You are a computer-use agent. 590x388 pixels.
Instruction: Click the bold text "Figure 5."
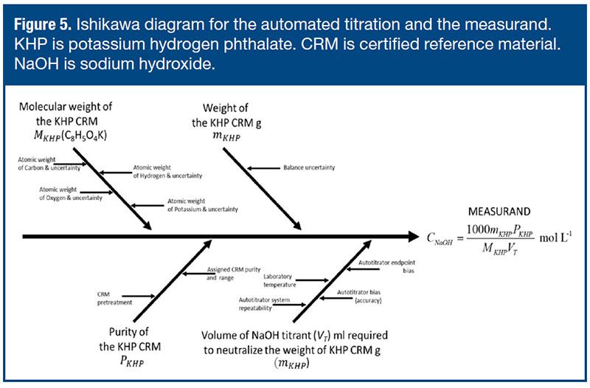[43, 25]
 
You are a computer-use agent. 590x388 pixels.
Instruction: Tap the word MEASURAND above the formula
[499, 212]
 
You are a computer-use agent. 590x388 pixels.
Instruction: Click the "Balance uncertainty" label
[309, 167]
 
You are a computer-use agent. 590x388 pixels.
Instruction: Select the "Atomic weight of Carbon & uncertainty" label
[49, 164]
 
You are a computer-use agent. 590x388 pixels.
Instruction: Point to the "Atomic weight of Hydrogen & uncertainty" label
[167, 172]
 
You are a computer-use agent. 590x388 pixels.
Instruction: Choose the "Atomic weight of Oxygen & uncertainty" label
[71, 194]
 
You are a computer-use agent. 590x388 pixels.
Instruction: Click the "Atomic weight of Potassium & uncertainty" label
[202, 205]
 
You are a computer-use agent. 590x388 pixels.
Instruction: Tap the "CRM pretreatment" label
[114, 299]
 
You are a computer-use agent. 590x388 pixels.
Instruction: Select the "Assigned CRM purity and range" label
[233, 274]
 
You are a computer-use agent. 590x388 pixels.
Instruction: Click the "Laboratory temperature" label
[280, 281]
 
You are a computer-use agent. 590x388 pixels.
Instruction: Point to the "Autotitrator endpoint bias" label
[386, 266]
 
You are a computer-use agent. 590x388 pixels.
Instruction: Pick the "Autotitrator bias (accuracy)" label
[359, 297]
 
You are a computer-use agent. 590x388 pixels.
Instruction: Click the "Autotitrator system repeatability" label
[264, 304]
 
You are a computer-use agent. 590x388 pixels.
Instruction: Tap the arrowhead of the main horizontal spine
[414, 237]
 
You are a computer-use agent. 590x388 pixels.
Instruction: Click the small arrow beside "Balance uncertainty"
[263, 168]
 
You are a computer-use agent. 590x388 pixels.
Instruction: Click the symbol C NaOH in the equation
[440, 239]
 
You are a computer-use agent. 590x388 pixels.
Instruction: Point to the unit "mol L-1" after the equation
[556, 238]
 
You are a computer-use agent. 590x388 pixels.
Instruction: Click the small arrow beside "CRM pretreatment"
[138, 297]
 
